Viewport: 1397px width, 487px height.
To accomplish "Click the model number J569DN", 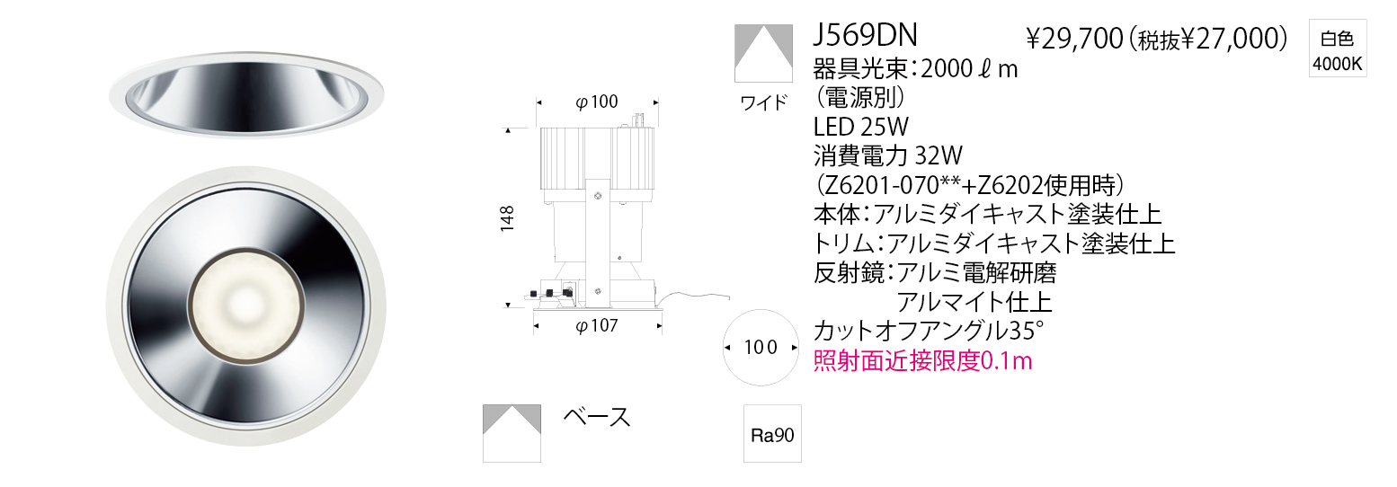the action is pos(865,36).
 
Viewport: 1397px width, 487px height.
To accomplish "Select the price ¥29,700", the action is pos(1074,39).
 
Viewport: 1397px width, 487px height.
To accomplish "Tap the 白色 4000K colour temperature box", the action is pos(1337,48).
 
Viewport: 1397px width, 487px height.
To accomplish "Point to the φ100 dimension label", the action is pos(596,102).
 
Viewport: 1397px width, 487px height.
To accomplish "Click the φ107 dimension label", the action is pos(596,325).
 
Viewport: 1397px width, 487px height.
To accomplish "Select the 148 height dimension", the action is pos(507,217).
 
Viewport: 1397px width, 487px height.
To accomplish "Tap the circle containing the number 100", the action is pos(761,348).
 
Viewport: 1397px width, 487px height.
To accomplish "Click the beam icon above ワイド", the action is pos(763,53).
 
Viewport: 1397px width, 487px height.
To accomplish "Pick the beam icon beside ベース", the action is pos(512,433).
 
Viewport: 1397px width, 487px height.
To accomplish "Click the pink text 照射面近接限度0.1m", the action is pos(922,361).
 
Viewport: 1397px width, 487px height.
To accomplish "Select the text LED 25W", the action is pos(860,128).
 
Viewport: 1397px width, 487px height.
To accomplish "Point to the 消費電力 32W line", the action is pos(888,155).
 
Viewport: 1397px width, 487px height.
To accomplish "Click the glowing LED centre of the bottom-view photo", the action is pos(245,305).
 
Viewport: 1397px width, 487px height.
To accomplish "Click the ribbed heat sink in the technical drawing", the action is pos(598,158).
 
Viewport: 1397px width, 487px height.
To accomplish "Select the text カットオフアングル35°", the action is pos(929,332).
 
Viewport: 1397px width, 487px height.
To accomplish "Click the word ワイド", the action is pos(764,102).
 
